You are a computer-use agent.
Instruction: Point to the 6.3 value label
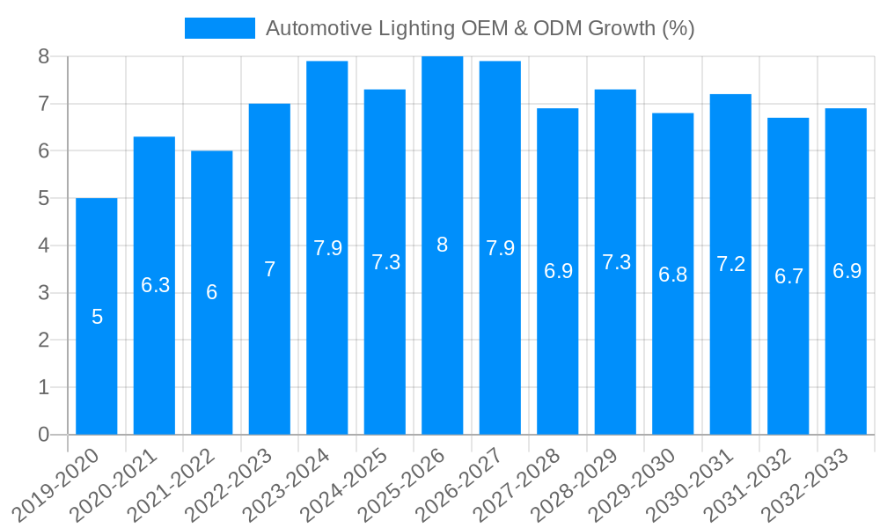pyautogui.click(x=155, y=285)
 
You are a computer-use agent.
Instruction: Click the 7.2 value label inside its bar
pyautogui.click(x=731, y=264)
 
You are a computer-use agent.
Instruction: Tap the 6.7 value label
pyautogui.click(x=788, y=276)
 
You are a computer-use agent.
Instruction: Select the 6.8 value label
pyautogui.click(x=673, y=274)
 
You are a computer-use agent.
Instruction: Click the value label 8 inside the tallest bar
pyautogui.click(x=443, y=246)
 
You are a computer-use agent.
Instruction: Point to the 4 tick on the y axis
pyautogui.click(x=44, y=246)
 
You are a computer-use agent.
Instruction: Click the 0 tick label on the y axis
pyautogui.click(x=44, y=435)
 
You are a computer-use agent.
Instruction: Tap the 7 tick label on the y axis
pyautogui.click(x=44, y=104)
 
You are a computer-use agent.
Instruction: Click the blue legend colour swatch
pyautogui.click(x=219, y=28)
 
